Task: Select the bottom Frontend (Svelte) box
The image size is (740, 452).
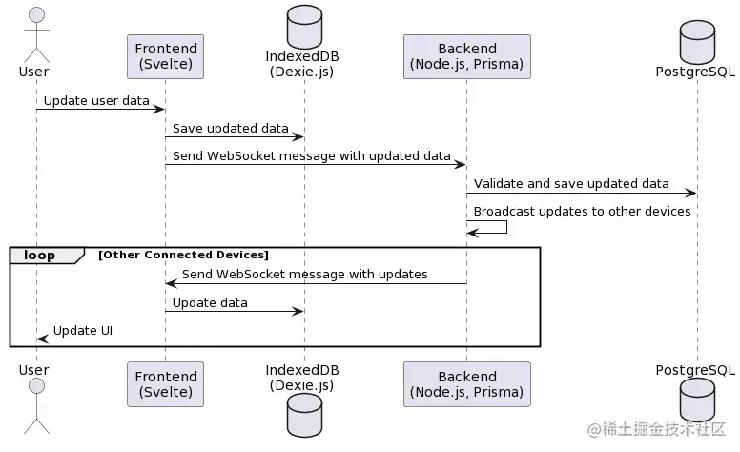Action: click(x=165, y=384)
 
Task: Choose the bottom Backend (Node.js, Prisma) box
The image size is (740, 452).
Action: click(x=467, y=384)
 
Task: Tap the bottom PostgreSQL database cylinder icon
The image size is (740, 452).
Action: click(x=698, y=399)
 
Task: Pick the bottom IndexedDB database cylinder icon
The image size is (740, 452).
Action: click(x=304, y=416)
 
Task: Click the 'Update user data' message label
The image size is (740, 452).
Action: click(x=95, y=100)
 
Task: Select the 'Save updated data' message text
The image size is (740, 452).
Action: click(x=230, y=128)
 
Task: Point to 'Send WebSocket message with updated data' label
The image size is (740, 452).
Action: click(x=311, y=155)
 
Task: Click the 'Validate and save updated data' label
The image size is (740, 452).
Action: click(x=571, y=183)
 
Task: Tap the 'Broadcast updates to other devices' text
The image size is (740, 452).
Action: click(x=582, y=211)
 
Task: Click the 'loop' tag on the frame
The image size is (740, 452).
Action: click(x=39, y=255)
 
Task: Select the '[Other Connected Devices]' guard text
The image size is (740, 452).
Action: click(x=183, y=255)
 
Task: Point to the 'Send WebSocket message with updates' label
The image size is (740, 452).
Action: click(x=304, y=275)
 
